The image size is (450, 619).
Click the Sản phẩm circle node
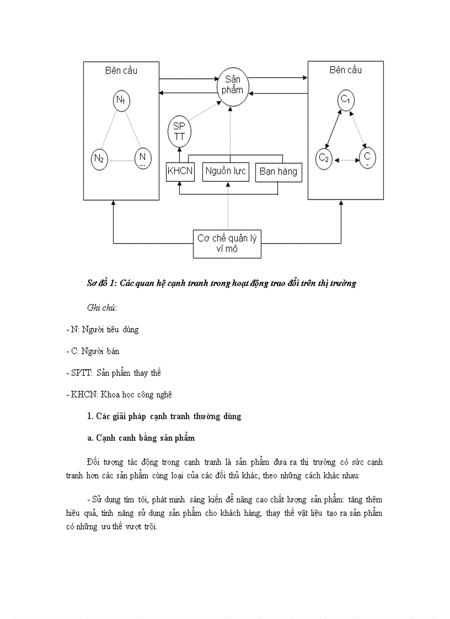(x=230, y=84)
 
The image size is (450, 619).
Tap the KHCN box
(x=180, y=171)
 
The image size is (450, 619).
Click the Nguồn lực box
(x=226, y=171)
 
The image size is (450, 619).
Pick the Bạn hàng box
(x=278, y=171)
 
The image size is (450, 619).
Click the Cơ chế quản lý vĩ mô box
(x=227, y=244)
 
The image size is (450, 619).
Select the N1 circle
(x=120, y=101)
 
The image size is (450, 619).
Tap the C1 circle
(x=346, y=100)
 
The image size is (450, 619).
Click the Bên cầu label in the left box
(x=121, y=71)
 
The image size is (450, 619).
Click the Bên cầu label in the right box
(x=346, y=70)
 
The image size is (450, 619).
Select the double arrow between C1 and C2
(x=335, y=129)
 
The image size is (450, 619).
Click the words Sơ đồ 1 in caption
(x=100, y=283)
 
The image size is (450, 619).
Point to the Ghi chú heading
(x=102, y=306)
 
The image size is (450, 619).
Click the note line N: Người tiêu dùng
(x=102, y=330)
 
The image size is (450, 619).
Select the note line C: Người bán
(x=92, y=351)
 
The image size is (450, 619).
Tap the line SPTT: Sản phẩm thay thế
(x=113, y=373)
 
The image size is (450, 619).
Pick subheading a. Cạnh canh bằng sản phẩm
(x=141, y=438)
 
